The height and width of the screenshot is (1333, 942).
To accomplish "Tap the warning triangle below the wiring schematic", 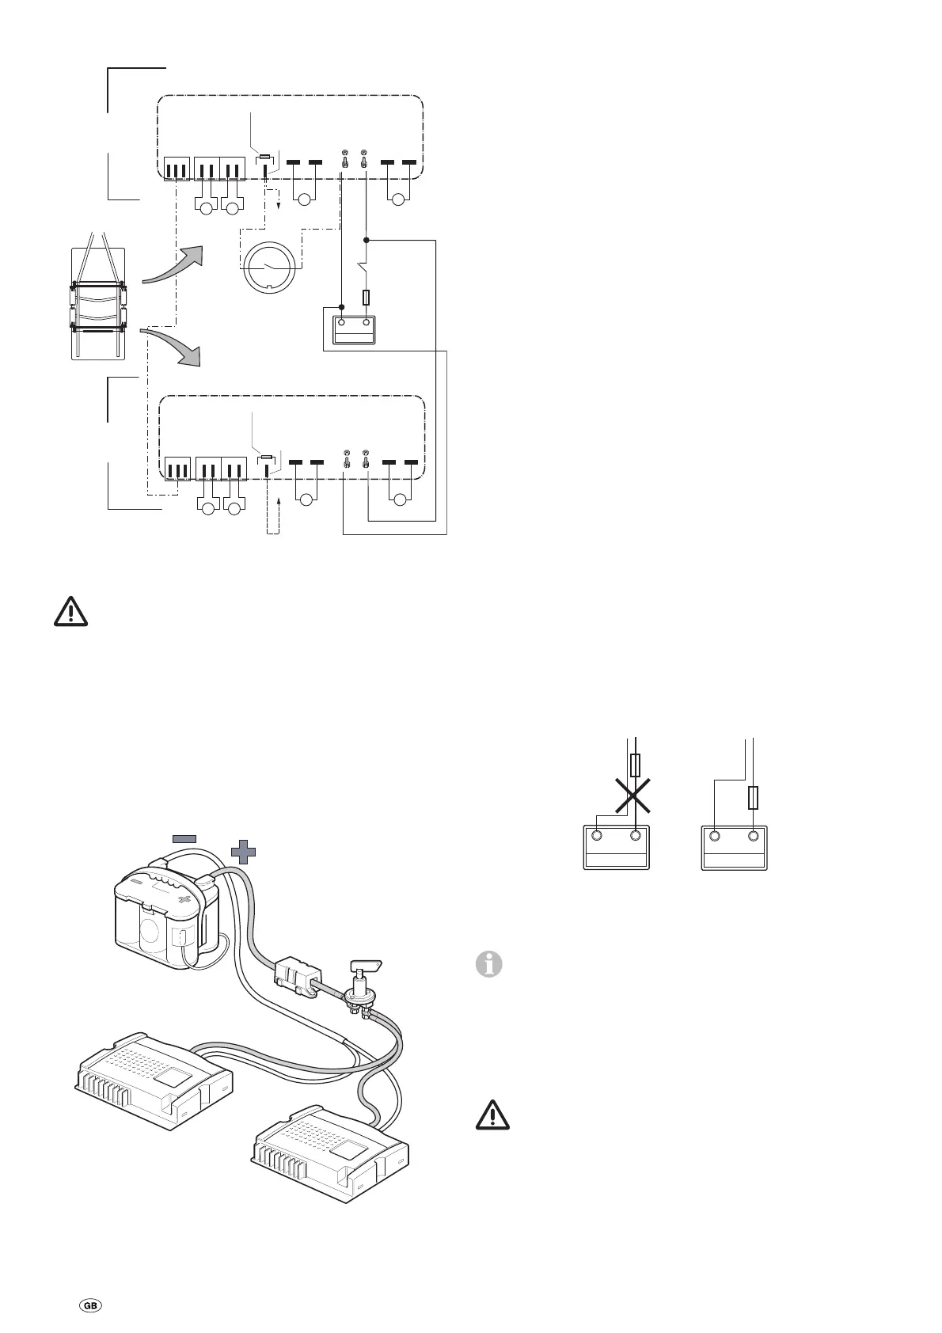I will tap(70, 612).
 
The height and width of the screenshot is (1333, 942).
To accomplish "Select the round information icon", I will tap(489, 965).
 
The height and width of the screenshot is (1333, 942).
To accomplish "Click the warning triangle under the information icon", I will tap(492, 1115).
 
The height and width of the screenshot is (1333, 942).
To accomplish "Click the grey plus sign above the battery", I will tap(244, 852).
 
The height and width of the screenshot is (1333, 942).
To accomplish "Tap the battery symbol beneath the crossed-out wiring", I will tap(616, 847).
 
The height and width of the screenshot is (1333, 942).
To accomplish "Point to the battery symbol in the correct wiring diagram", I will tap(734, 847).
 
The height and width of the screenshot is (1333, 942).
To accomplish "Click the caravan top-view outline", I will tap(98, 303).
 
